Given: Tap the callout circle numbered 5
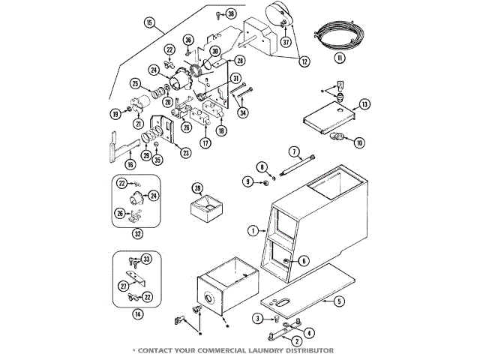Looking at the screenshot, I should coord(339,301).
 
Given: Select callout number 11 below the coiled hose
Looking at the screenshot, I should coord(340,57).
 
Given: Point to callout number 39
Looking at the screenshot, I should coord(197,187).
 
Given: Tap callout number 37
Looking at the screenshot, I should coord(286,42).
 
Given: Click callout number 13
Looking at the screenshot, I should coord(364,103).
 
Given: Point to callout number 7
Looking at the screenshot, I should coord(294,151).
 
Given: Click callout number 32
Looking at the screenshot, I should coord(137,233).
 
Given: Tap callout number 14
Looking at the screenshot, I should coord(137,314).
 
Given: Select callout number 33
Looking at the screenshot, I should coord(146,259).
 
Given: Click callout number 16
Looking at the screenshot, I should coord(129,164).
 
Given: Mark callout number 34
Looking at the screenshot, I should coord(242,112).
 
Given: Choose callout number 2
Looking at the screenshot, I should coord(277,337).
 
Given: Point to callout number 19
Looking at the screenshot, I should coord(115,114).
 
